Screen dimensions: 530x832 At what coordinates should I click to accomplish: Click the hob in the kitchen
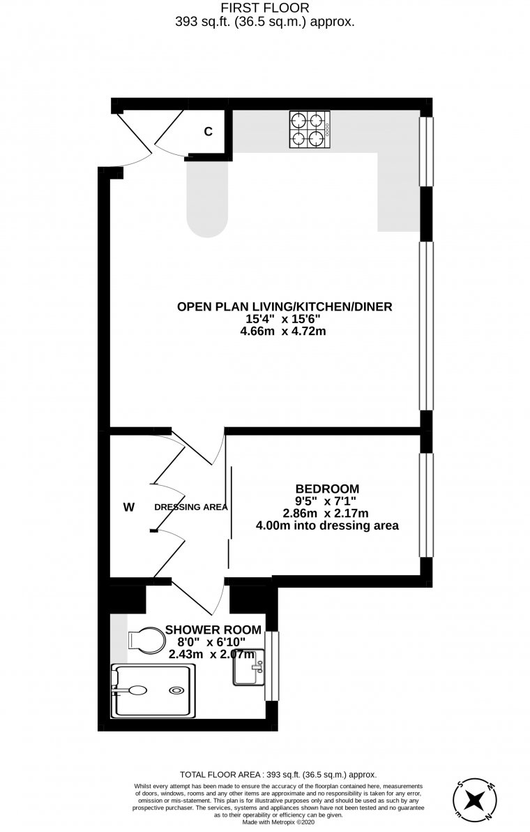click(310, 129)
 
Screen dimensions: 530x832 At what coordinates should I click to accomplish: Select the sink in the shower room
click(248, 667)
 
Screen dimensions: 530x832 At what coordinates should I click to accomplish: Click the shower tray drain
click(176, 690)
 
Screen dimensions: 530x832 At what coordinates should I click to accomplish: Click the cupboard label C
click(209, 132)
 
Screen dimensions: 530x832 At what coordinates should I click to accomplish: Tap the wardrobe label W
click(129, 507)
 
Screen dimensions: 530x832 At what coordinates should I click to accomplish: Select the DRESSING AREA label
click(191, 507)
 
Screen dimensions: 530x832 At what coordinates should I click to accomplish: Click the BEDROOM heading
click(327, 489)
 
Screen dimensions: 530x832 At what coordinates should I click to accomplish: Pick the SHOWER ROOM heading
click(213, 630)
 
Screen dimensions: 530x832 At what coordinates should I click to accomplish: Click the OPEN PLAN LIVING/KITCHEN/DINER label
click(285, 306)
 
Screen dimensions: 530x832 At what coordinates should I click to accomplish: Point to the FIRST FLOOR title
click(265, 8)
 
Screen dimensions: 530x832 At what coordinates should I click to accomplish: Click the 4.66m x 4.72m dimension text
click(283, 331)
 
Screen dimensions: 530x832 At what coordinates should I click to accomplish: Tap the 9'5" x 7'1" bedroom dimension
click(326, 501)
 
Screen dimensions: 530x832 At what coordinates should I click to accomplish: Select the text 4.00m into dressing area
click(327, 526)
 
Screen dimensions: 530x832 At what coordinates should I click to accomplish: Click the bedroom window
click(426, 505)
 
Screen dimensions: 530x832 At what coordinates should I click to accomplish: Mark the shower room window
click(271, 666)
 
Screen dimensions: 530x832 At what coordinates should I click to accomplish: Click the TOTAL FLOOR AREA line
click(278, 774)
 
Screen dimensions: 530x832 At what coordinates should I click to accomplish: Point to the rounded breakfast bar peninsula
click(207, 198)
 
